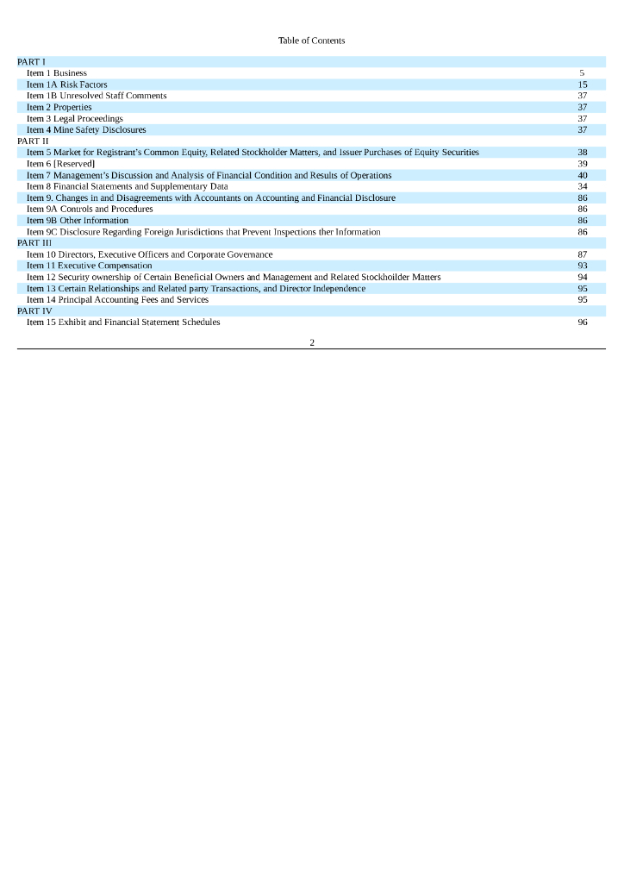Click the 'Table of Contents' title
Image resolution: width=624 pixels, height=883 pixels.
311,41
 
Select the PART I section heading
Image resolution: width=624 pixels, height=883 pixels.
31,62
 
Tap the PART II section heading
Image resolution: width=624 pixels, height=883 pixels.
33,141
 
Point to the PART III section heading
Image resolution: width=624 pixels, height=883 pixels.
34,243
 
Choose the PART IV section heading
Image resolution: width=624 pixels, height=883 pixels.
34,310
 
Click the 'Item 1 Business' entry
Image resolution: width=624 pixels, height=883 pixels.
57,73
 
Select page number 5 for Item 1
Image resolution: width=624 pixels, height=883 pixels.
583,73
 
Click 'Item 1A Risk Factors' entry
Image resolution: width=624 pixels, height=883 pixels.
67,85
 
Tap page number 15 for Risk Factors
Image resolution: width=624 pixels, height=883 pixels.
583,85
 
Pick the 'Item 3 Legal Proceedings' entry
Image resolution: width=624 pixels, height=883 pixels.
75,118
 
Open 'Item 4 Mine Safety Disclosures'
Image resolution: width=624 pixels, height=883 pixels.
86,129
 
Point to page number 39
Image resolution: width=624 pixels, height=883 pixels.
583,164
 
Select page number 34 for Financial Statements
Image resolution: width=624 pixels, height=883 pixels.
583,186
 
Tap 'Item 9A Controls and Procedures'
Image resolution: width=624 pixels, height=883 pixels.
90,209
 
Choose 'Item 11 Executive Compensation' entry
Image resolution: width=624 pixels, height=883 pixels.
90,266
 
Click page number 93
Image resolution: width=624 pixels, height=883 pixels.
583,266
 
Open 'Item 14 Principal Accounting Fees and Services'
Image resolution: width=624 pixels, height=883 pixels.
118,299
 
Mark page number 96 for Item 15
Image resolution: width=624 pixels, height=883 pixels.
583,322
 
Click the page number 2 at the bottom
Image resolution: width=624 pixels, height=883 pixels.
312,342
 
